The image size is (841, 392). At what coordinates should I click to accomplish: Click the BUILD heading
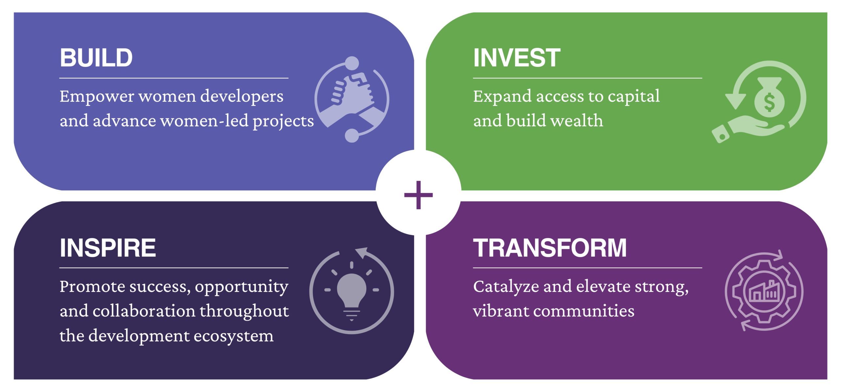click(96, 58)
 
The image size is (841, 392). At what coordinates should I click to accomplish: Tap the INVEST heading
click(517, 58)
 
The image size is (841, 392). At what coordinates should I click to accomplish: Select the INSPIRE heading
click(108, 248)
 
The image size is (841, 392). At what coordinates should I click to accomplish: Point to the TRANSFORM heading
click(550, 248)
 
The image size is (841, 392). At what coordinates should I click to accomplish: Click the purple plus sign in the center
click(419, 195)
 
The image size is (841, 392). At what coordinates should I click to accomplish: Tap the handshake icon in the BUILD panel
click(352, 99)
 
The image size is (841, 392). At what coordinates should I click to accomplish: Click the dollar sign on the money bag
click(769, 102)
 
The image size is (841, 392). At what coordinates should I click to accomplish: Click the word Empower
click(97, 97)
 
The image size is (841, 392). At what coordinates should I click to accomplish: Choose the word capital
click(633, 97)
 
